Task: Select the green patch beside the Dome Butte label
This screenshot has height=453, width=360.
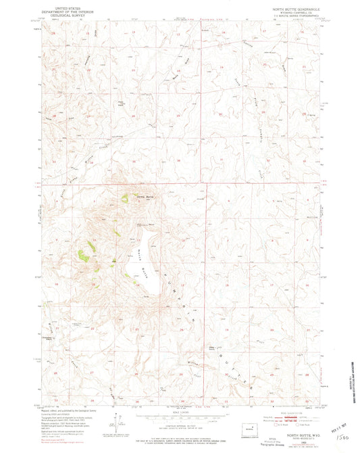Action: coord(125,198)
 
